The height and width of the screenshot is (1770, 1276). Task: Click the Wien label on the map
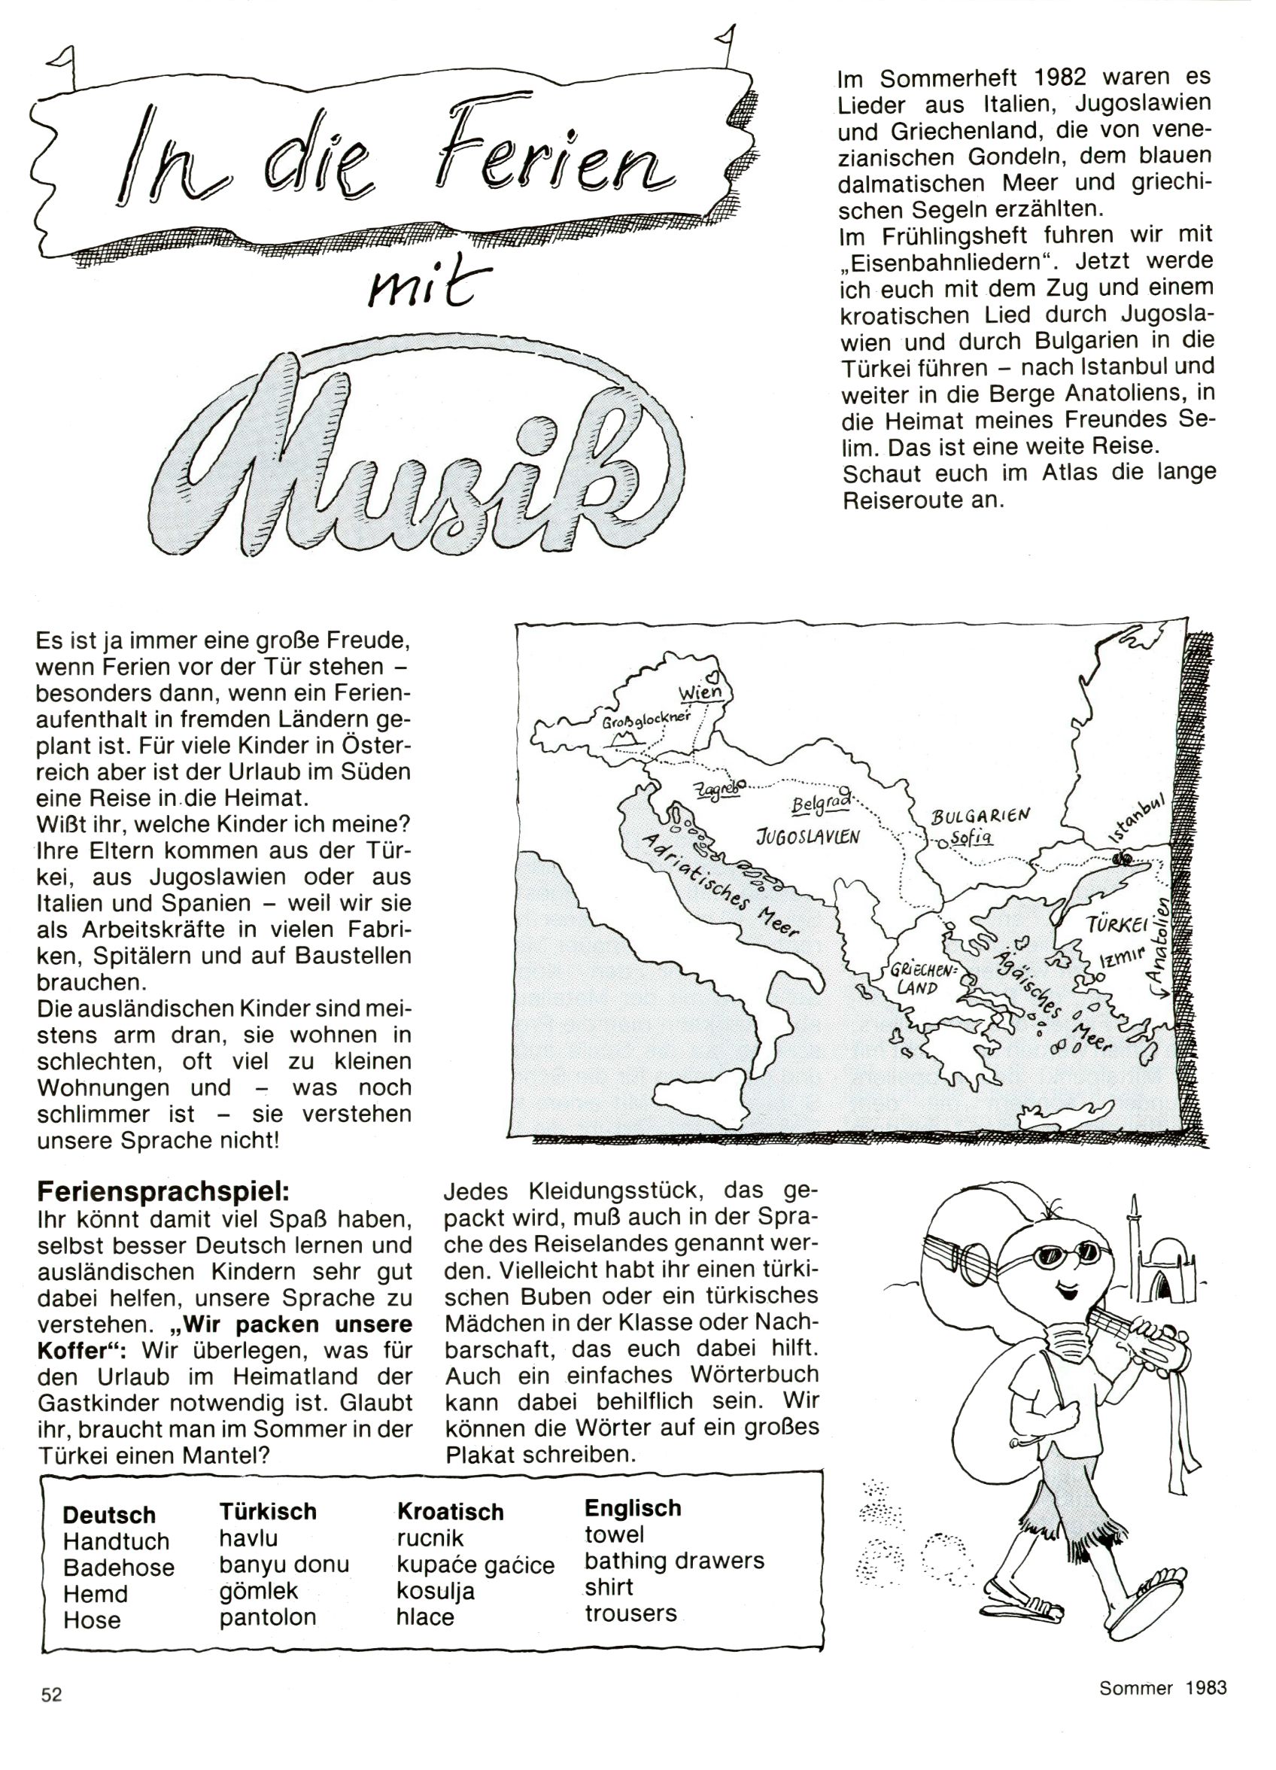coord(700,692)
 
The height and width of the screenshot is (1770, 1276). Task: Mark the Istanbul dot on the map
coord(1123,859)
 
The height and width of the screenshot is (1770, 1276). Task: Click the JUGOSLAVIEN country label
coord(808,837)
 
